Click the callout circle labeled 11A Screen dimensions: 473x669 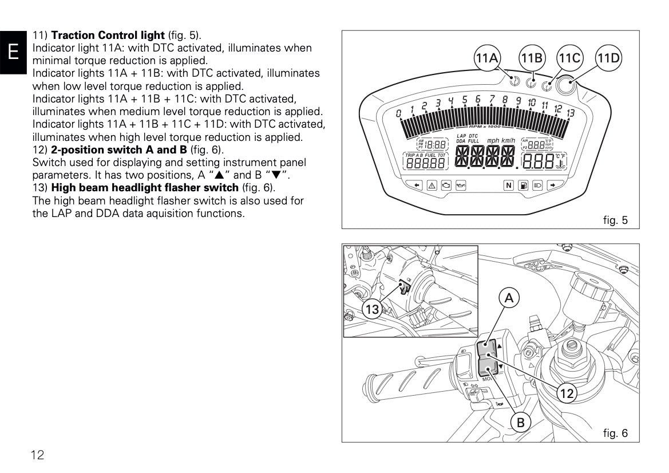(x=487, y=58)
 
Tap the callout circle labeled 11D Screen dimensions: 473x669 (x=608, y=58)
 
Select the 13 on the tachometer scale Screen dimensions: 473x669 (x=570, y=113)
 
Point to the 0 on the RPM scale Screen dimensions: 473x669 (x=399, y=114)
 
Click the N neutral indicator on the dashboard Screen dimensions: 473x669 (x=508, y=185)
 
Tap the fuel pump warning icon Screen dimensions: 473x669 (x=522, y=185)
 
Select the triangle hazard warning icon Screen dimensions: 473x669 (x=431, y=185)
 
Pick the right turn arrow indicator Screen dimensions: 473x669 (x=553, y=185)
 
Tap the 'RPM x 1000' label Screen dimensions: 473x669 (x=484, y=126)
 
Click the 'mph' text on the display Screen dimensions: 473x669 (x=493, y=140)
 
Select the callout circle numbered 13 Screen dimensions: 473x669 (x=372, y=310)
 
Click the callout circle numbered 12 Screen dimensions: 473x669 (x=567, y=393)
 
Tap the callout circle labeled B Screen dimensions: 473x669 (x=521, y=423)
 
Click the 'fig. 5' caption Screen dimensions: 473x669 (x=615, y=219)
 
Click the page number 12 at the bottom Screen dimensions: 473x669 (x=38, y=455)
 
